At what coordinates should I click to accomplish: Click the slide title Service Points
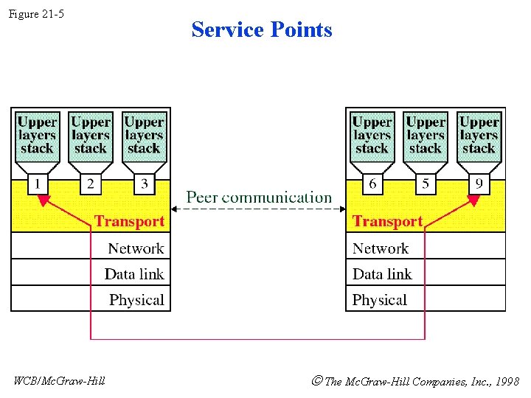[262, 29]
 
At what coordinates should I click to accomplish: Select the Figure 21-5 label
[36, 13]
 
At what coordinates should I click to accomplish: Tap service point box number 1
[38, 183]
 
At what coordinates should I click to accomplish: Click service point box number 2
[91, 183]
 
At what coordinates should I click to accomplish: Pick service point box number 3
[144, 183]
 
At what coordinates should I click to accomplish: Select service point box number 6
[372, 183]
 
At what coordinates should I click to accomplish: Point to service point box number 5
[426, 183]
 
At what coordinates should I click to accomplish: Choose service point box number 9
[479, 183]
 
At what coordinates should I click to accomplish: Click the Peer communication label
[259, 198]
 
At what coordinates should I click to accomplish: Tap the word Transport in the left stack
[129, 221]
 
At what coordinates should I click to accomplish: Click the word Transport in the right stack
[387, 221]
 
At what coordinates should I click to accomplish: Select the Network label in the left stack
[136, 248]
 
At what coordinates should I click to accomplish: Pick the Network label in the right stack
[381, 248]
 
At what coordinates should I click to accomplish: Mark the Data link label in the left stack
[134, 274]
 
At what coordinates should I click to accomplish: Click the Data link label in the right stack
[382, 274]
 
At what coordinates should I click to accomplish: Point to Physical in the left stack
[136, 300]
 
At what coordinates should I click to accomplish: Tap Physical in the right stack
[380, 300]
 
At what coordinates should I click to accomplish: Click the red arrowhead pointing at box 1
[43, 200]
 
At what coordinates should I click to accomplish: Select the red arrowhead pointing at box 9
[473, 200]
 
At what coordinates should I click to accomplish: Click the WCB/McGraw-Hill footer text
[60, 381]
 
